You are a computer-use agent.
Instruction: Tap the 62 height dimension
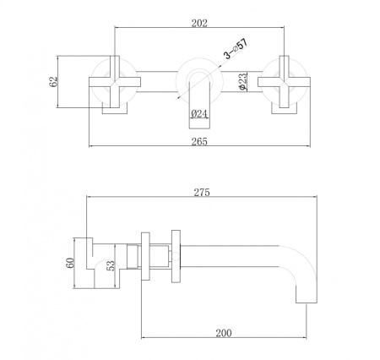pos(53,82)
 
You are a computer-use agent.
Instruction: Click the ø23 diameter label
pos(242,82)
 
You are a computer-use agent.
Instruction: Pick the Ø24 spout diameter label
pos(200,113)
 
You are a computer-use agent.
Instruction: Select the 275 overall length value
pos(201,192)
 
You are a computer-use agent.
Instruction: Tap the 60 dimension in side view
pos(70,260)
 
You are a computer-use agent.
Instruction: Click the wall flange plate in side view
pos(176,254)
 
